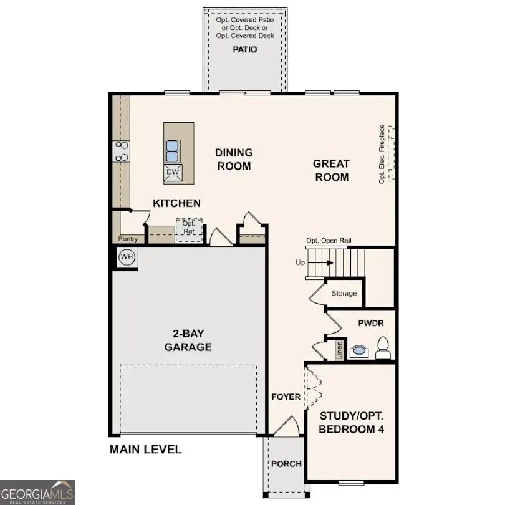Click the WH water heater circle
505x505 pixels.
(127, 257)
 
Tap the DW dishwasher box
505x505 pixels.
(173, 173)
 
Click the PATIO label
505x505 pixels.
(244, 49)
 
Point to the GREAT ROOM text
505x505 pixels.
(331, 170)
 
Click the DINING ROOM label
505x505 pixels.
(234, 159)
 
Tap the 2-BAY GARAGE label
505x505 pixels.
(188, 341)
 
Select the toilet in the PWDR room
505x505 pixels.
(383, 347)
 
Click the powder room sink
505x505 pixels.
(358, 352)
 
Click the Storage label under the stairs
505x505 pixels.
(344, 293)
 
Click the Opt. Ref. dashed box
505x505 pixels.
(189, 229)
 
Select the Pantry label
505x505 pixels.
(128, 239)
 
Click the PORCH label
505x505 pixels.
(286, 464)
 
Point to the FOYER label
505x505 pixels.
(286, 397)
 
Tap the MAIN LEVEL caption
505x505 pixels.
(145, 449)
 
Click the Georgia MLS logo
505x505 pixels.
(37, 492)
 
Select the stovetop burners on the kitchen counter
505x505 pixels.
(121, 151)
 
